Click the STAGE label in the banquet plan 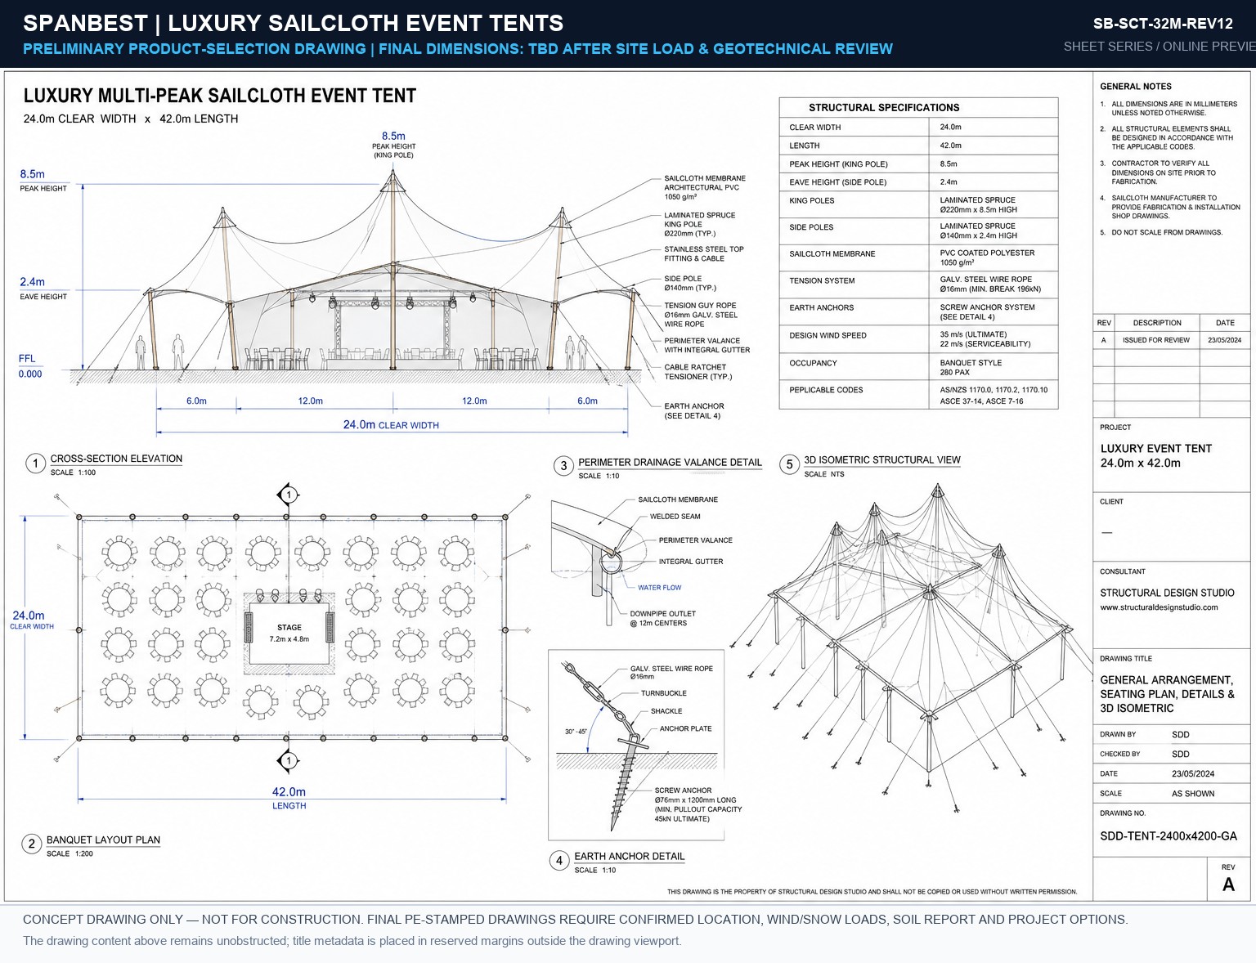pos(289,627)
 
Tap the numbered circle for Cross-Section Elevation pos(36,464)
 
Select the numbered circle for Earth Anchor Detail pos(559,861)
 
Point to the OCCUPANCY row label pos(813,363)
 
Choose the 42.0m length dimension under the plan pos(289,792)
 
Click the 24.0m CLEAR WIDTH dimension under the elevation pos(391,424)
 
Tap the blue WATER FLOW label pos(660,588)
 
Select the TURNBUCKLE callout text pos(663,693)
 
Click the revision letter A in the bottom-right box pos(1228,885)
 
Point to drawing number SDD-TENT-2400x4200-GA pos(1169,836)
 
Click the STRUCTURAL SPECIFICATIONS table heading pos(884,107)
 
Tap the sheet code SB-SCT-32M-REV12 pos(1162,24)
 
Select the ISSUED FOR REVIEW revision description pos(1156,340)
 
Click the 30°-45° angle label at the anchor pos(575,732)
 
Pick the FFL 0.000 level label pos(29,366)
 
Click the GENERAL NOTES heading pos(1135,87)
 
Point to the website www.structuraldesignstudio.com pos(1159,607)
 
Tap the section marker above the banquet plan pos(289,495)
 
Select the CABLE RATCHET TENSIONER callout pos(698,372)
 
